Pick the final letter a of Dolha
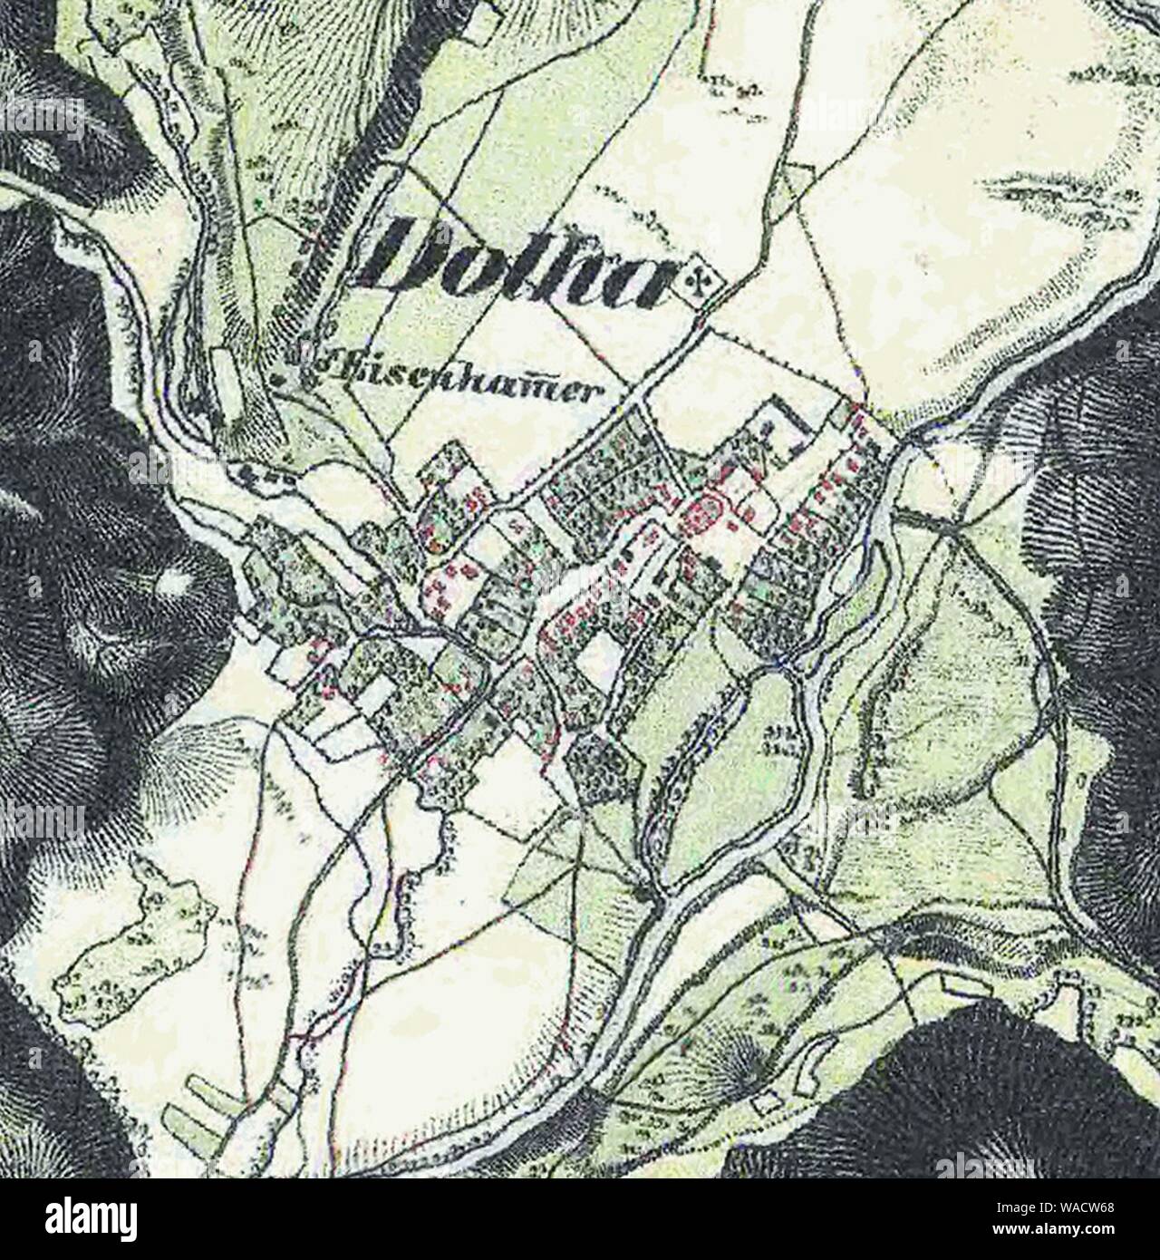pyautogui.click(x=648, y=276)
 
